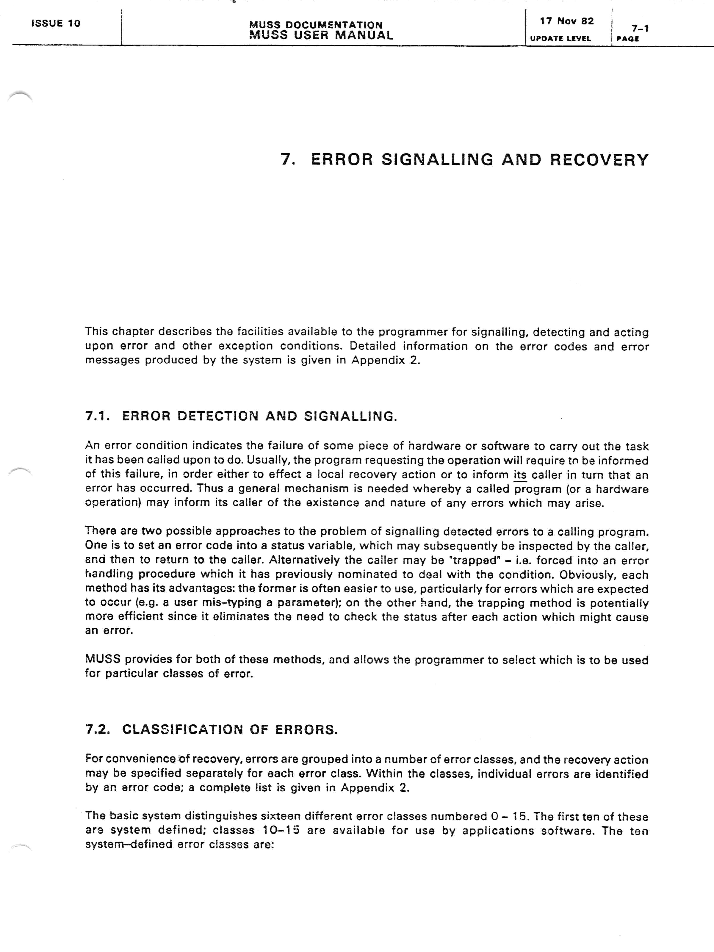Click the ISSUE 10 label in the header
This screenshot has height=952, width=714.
pyautogui.click(x=56, y=23)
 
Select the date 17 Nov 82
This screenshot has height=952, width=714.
pyautogui.click(x=567, y=21)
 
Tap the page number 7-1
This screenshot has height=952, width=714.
pyautogui.click(x=640, y=28)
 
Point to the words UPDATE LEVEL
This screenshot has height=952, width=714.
pyautogui.click(x=560, y=38)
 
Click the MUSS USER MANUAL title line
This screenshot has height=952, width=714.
pyautogui.click(x=321, y=35)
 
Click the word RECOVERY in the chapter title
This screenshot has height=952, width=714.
pyautogui.click(x=599, y=160)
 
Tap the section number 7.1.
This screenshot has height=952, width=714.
pyautogui.click(x=98, y=416)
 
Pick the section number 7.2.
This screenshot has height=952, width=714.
pyautogui.click(x=98, y=729)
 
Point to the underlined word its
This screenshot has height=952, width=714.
pyautogui.click(x=520, y=475)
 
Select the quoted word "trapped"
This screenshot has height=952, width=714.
pyautogui.click(x=475, y=560)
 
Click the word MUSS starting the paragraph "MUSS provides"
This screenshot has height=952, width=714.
pyautogui.click(x=102, y=659)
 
